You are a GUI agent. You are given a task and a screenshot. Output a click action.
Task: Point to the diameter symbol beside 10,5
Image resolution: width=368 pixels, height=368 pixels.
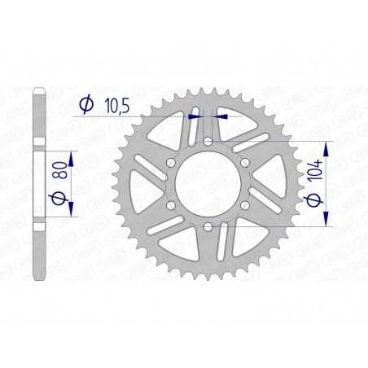tap(85, 104)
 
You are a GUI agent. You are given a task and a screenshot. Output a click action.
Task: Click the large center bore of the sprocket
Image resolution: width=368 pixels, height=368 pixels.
tap(209, 184)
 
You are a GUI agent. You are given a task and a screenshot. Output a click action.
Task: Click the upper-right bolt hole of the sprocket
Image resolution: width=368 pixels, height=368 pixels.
tap(246, 163)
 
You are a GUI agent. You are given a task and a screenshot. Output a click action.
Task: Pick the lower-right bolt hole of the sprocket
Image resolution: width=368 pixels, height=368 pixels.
tap(246, 205)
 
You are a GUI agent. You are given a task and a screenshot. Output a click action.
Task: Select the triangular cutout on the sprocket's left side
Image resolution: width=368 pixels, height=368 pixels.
tap(143, 184)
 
